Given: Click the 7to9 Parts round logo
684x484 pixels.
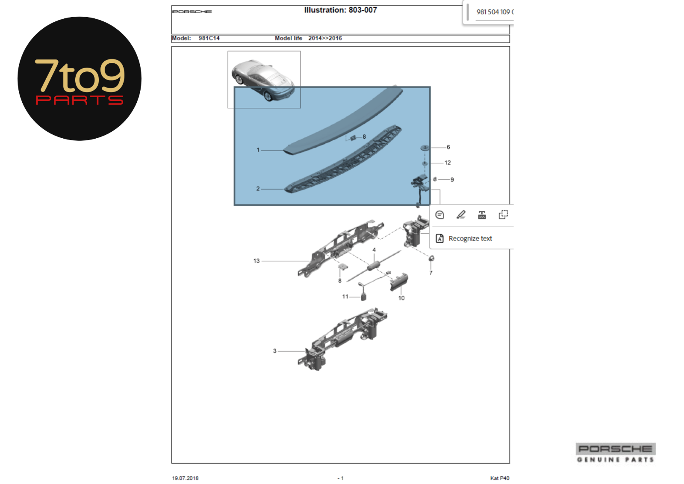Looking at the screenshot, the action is tap(80, 79).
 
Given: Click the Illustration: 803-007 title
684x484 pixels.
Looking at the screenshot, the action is tap(340, 10).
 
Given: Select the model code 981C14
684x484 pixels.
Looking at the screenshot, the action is tap(209, 38).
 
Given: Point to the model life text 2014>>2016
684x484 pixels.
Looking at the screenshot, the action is tap(325, 38).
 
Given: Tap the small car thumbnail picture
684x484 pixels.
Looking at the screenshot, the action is tap(264, 80).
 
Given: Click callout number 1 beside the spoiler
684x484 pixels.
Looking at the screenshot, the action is tap(258, 150).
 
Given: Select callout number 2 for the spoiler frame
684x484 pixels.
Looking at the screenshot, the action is tap(258, 189).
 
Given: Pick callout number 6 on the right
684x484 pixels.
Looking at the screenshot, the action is tap(448, 147).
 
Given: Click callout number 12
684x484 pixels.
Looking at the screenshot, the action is tap(448, 163).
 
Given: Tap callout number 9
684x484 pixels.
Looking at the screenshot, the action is tap(452, 180).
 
